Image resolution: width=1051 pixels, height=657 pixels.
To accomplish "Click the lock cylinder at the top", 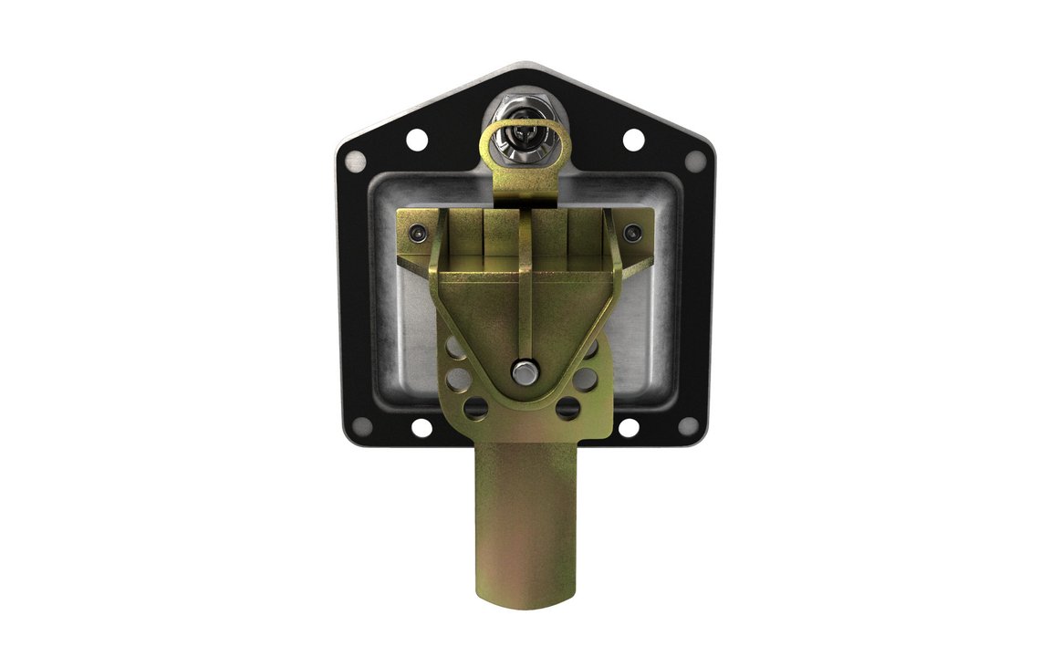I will coord(521,134).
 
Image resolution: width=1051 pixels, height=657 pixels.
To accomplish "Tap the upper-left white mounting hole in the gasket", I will coord(416,141).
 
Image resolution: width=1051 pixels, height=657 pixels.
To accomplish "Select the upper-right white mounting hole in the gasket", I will coord(632,141).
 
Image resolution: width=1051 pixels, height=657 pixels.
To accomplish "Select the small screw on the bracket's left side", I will coord(417,235).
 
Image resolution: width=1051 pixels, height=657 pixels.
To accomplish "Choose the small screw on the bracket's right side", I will coord(632,235).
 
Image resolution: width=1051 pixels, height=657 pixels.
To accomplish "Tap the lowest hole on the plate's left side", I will coord(474,407).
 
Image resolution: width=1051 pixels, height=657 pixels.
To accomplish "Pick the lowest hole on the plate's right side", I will coord(569,407).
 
